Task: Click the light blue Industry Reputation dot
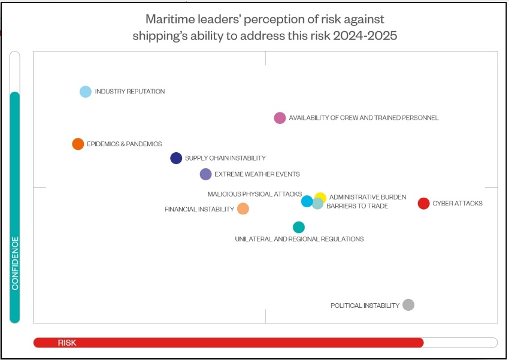pyautogui.click(x=86, y=92)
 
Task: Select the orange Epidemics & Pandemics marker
pyautogui.click(x=78, y=144)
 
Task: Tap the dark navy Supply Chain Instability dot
pyautogui.click(x=176, y=158)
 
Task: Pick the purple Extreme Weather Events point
pyautogui.click(x=205, y=174)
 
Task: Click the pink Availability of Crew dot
pyautogui.click(x=280, y=118)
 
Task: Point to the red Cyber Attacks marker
pyautogui.click(x=423, y=204)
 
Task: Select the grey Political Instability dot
pyautogui.click(x=408, y=305)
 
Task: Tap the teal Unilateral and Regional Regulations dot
pyautogui.click(x=299, y=227)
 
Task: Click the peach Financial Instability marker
pyautogui.click(x=243, y=208)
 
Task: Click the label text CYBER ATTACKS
pyautogui.click(x=458, y=204)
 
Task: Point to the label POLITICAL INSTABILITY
pyautogui.click(x=365, y=305)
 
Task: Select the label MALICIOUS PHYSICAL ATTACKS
pyautogui.click(x=255, y=194)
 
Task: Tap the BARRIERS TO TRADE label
pyautogui.click(x=357, y=206)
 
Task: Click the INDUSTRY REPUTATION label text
pyautogui.click(x=130, y=92)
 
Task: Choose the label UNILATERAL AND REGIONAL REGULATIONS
pyautogui.click(x=299, y=239)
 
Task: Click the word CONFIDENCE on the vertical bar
pyautogui.click(x=15, y=264)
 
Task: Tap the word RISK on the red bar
pyautogui.click(x=67, y=343)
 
